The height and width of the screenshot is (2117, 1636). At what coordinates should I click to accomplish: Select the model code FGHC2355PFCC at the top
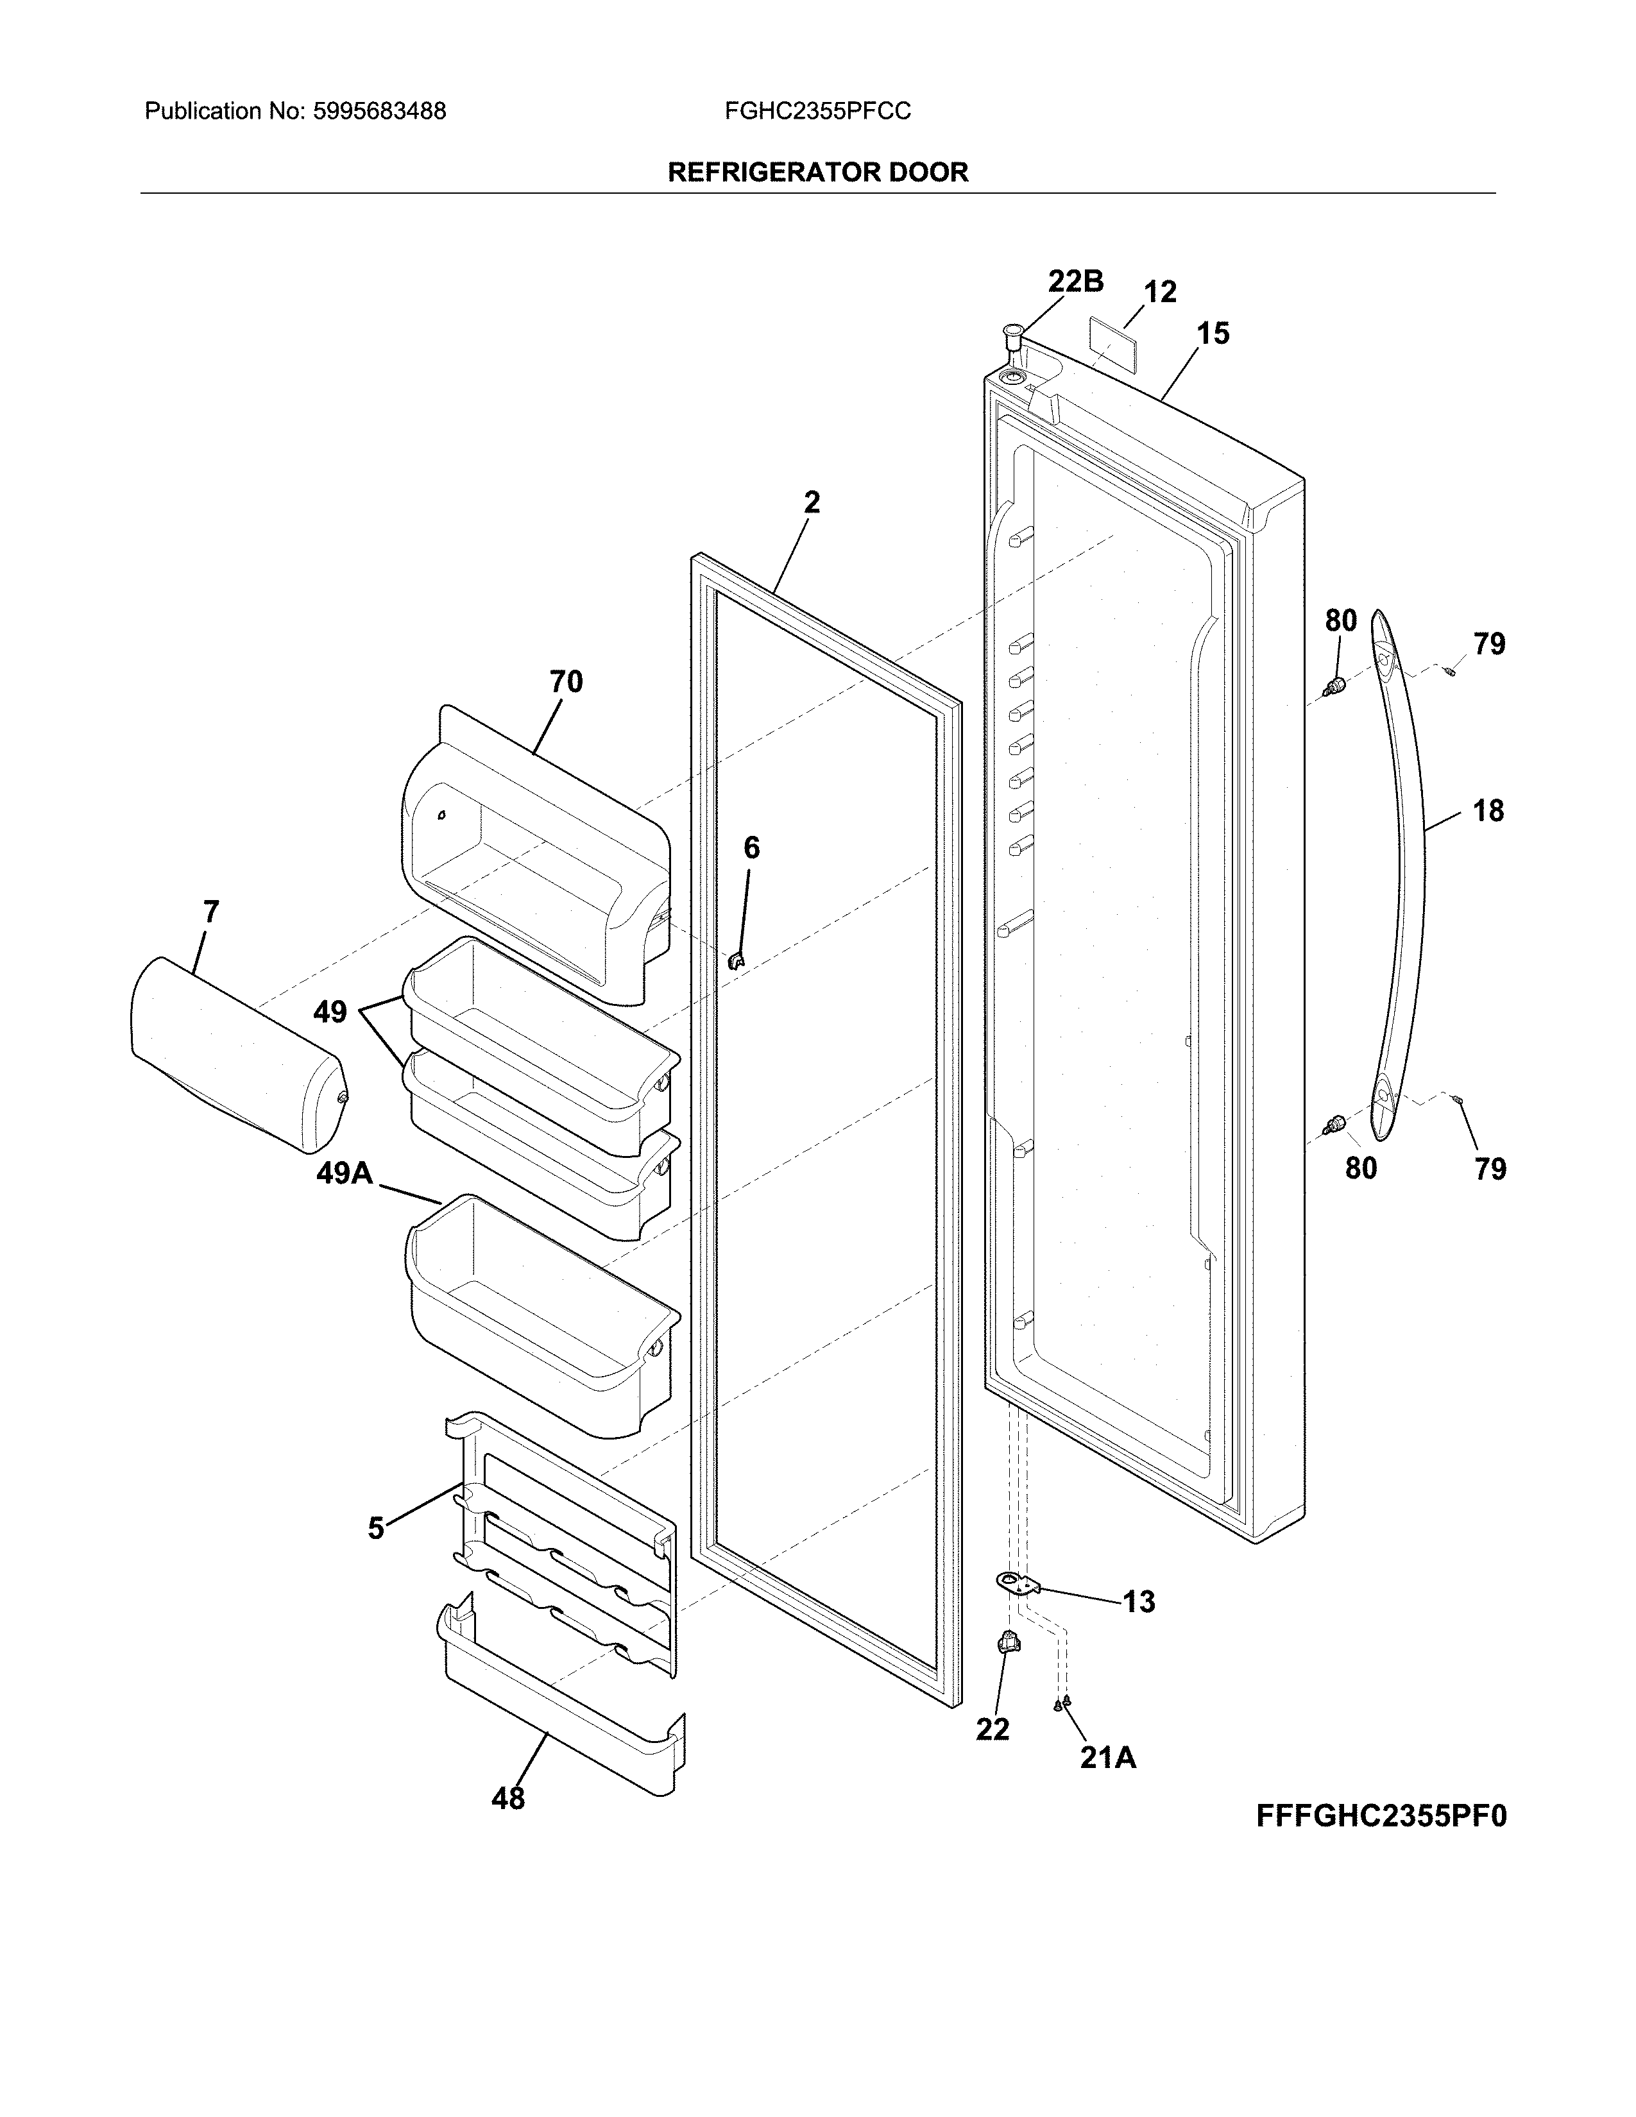tap(817, 112)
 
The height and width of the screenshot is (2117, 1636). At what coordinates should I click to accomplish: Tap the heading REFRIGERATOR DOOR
tap(817, 173)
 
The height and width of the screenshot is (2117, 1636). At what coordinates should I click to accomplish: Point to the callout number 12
tap(1159, 292)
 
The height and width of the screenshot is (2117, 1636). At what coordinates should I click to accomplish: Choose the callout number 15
tap(1213, 334)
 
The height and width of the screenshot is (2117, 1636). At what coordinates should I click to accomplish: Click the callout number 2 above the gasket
tap(811, 502)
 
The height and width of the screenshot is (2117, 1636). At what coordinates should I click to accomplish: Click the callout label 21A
tap(1108, 1756)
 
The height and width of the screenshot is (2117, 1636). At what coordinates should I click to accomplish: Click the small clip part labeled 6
tap(737, 960)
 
